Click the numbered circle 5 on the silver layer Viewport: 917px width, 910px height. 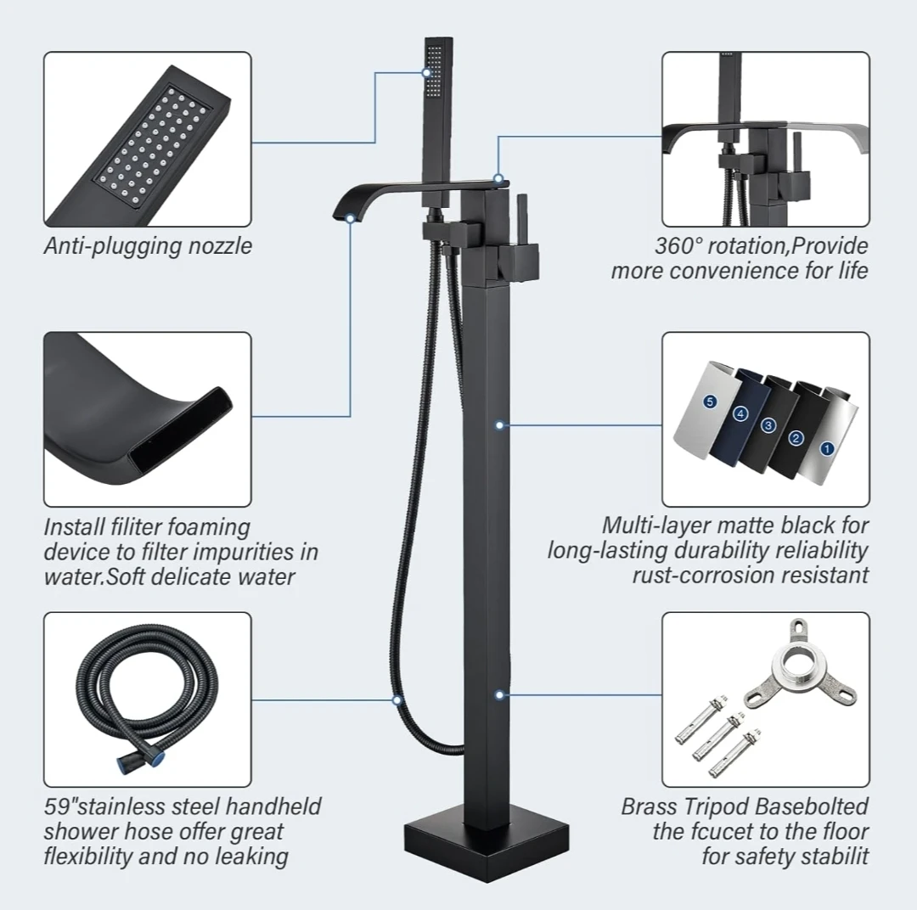click(710, 402)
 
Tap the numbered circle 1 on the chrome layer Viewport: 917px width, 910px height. click(827, 448)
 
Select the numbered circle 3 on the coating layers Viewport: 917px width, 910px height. click(768, 425)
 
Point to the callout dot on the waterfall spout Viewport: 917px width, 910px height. click(351, 219)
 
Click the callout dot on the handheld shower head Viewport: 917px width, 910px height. click(426, 73)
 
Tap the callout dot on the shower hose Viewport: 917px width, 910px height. click(397, 699)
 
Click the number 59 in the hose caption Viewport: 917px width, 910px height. click(56, 807)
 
